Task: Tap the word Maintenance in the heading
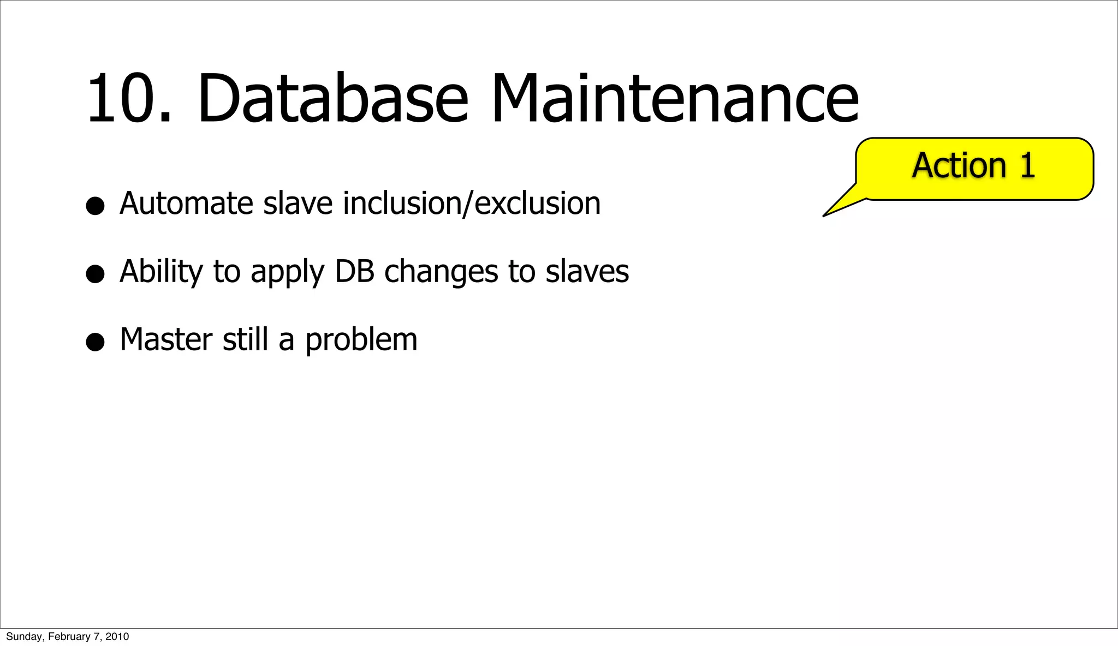coord(675,99)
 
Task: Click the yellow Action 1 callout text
coord(973,165)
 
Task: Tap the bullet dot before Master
coord(95,342)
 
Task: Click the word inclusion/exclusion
coord(472,204)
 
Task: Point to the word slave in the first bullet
coord(298,204)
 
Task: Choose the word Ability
coord(161,272)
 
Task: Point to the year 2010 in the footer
coord(117,637)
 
